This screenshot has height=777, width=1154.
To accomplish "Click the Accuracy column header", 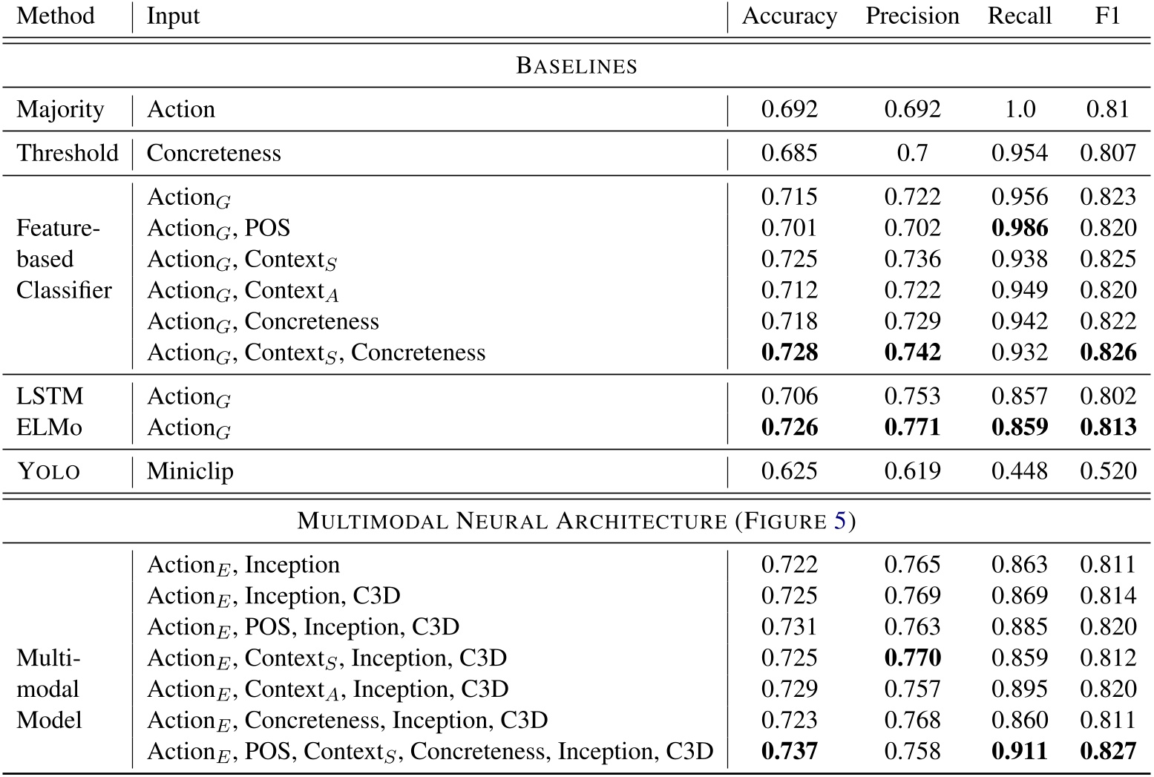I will pyautogui.click(x=789, y=16).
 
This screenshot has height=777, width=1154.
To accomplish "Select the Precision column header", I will pyautogui.click(x=912, y=16).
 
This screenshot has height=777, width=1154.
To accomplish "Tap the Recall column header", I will pyautogui.click(x=1019, y=16).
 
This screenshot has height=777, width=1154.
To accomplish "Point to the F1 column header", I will pyautogui.click(x=1107, y=16).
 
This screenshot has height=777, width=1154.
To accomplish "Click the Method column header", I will pyautogui.click(x=56, y=16).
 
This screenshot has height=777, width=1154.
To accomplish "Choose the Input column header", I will pyautogui.click(x=173, y=16).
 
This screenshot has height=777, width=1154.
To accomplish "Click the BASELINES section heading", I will pyautogui.click(x=577, y=65).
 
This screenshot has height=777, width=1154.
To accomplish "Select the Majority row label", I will pyautogui.click(x=60, y=110).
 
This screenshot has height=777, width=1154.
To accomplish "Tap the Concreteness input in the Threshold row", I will pyautogui.click(x=214, y=153).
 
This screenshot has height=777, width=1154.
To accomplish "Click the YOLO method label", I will pyautogui.click(x=48, y=471).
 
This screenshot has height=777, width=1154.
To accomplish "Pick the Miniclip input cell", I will pyautogui.click(x=190, y=471).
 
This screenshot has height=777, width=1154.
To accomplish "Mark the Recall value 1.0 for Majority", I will pyautogui.click(x=1019, y=110).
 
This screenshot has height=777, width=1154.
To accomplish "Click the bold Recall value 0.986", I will pyautogui.click(x=1019, y=228).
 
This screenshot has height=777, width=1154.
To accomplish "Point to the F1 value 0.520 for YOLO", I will pyautogui.click(x=1107, y=471).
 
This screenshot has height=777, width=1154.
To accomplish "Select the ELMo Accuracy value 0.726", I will pyautogui.click(x=789, y=427).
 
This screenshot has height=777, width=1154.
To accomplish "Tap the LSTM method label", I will pyautogui.click(x=50, y=396).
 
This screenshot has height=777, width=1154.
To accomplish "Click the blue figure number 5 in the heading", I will pyautogui.click(x=839, y=521).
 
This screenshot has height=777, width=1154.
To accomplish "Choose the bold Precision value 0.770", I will pyautogui.click(x=912, y=658).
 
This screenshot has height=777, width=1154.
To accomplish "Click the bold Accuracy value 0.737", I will pyautogui.click(x=789, y=751).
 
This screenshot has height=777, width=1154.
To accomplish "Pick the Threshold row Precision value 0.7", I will pyautogui.click(x=912, y=153).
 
